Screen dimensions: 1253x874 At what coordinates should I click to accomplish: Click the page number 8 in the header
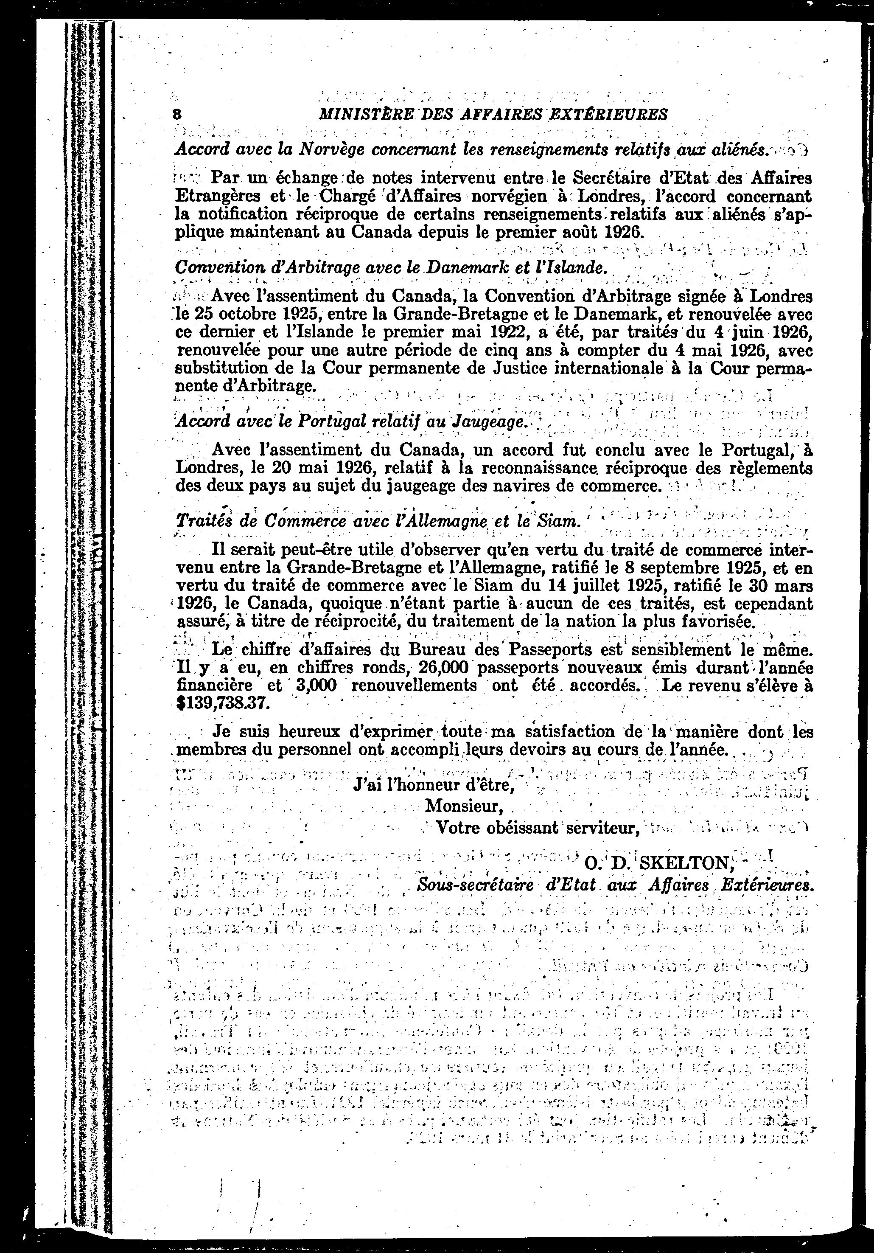point(176,114)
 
